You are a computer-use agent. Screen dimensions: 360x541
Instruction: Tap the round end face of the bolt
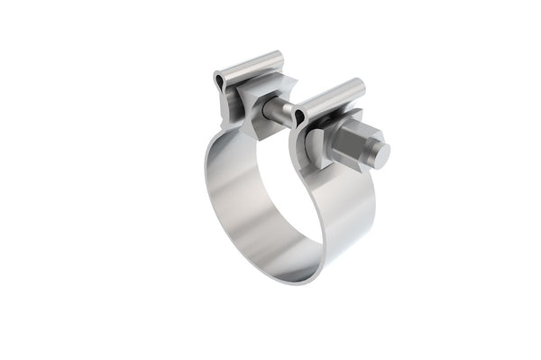[x=381, y=155]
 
